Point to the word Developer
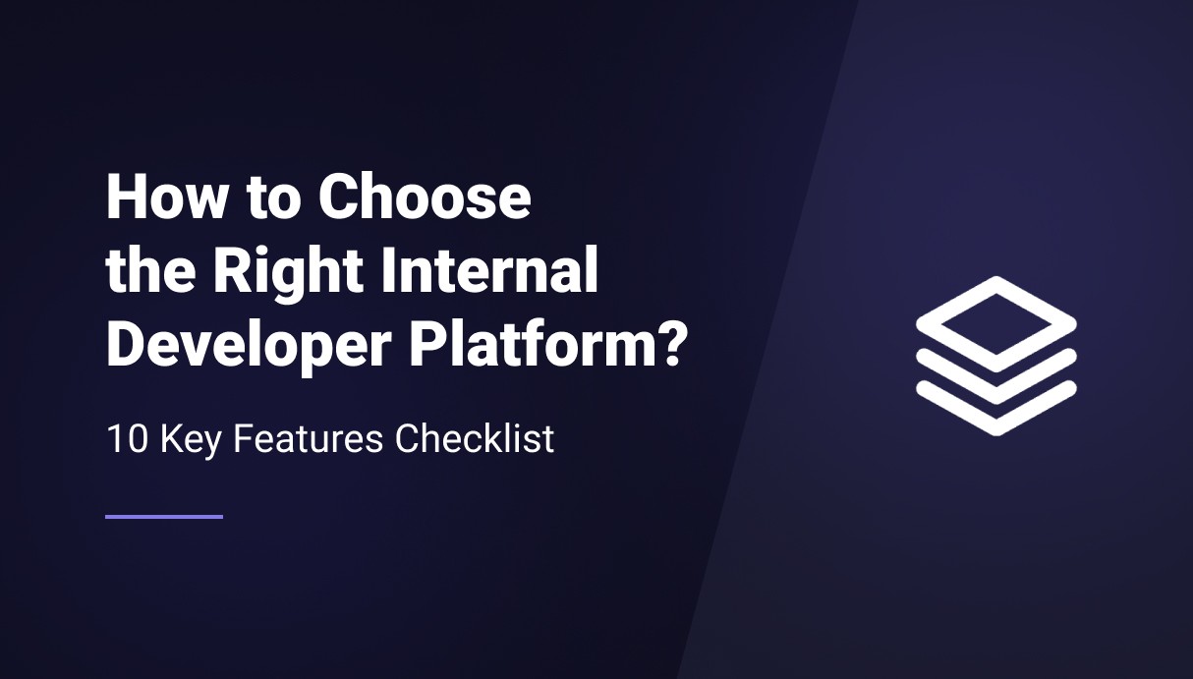click(x=250, y=347)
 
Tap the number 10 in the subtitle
click(x=127, y=439)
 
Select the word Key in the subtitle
click(x=190, y=441)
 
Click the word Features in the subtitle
click(x=309, y=439)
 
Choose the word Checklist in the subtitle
click(x=475, y=438)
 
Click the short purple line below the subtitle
click(x=164, y=517)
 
